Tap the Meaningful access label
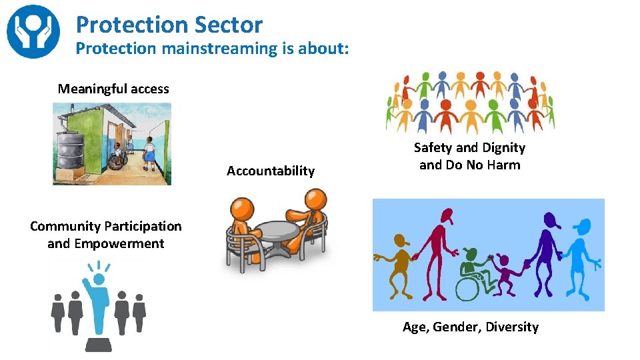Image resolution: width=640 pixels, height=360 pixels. [x=113, y=89]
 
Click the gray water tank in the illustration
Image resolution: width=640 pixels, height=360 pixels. [x=69, y=149]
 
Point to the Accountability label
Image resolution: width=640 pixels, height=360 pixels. [x=270, y=171]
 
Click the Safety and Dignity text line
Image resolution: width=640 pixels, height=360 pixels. [x=469, y=147]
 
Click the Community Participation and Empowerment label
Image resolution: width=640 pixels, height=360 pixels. [x=105, y=235]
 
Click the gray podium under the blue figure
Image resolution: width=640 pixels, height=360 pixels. [x=99, y=343]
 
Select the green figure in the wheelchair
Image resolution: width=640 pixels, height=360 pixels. [x=476, y=270]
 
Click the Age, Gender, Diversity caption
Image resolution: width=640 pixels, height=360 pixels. [x=470, y=327]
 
